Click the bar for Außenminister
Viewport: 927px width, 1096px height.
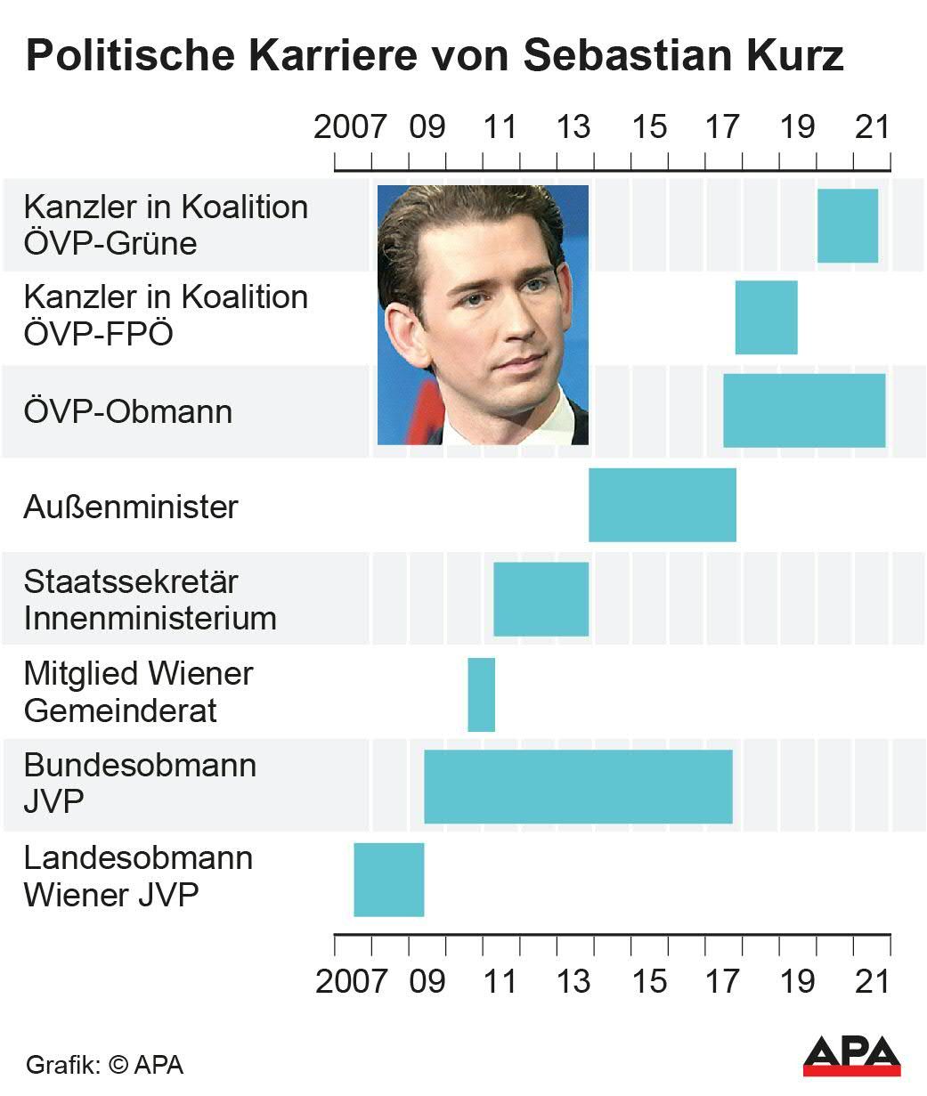662,505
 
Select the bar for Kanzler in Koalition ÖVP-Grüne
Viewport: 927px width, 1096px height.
847,226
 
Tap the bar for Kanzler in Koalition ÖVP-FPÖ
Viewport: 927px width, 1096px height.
766,318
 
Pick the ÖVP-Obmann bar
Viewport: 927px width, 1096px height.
803,410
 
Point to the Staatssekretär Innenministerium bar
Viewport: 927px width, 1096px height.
541,599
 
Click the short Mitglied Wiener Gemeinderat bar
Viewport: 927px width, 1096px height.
481,694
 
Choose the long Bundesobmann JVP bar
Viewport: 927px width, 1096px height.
577,787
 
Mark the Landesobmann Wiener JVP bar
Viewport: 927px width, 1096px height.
388,880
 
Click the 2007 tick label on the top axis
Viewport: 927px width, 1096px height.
350,126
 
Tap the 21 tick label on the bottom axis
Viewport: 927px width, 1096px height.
873,981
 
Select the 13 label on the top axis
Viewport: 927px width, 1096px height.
573,126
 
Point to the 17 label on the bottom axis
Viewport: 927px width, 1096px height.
722,981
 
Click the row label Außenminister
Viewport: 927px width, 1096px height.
131,507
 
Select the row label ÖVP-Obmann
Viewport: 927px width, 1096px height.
128,412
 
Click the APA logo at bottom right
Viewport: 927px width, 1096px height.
851,1055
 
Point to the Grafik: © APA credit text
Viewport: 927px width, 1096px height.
104,1065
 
